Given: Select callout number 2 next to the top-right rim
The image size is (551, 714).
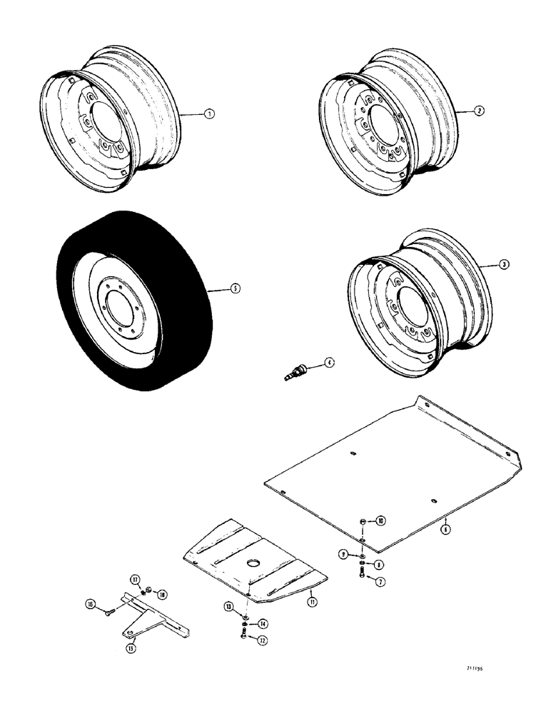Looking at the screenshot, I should pyautogui.click(x=480, y=111).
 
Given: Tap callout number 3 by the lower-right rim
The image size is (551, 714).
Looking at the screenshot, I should pyautogui.click(x=504, y=264).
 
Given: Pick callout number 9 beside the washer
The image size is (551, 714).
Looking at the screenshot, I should pyautogui.click(x=344, y=554).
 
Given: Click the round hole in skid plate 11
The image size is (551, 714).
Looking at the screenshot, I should pyautogui.click(x=254, y=563).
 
